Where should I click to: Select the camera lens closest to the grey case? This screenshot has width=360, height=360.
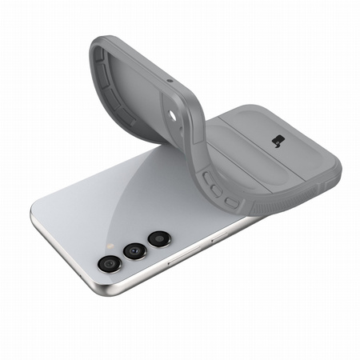click(158, 238)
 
